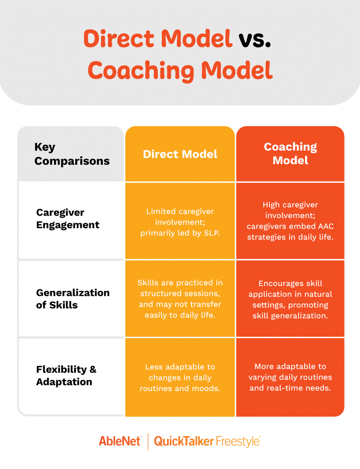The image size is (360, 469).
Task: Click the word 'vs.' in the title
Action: (x=255, y=39)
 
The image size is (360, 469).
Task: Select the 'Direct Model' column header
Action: (x=180, y=154)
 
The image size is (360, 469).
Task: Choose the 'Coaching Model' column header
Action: (x=290, y=153)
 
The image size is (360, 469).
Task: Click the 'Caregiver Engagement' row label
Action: (x=68, y=219)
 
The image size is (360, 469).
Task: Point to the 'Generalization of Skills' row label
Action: (x=73, y=298)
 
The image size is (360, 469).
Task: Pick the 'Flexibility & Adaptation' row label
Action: (x=66, y=375)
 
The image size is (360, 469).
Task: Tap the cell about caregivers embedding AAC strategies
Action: (x=290, y=221)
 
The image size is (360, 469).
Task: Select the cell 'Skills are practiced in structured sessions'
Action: (x=180, y=298)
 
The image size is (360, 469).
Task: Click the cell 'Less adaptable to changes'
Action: (x=180, y=378)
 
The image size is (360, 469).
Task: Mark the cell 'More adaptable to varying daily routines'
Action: (x=290, y=377)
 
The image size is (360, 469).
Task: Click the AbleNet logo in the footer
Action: (x=120, y=441)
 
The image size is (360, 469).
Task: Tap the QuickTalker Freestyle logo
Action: (x=207, y=441)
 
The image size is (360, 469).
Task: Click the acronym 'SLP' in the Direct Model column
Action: (x=212, y=233)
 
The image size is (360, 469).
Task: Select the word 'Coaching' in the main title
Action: (x=141, y=71)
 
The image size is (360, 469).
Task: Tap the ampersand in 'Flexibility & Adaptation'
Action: (x=93, y=370)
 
